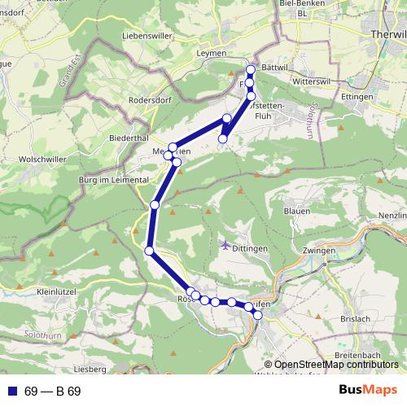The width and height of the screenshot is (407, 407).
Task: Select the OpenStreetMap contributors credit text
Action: click(x=336, y=365)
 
